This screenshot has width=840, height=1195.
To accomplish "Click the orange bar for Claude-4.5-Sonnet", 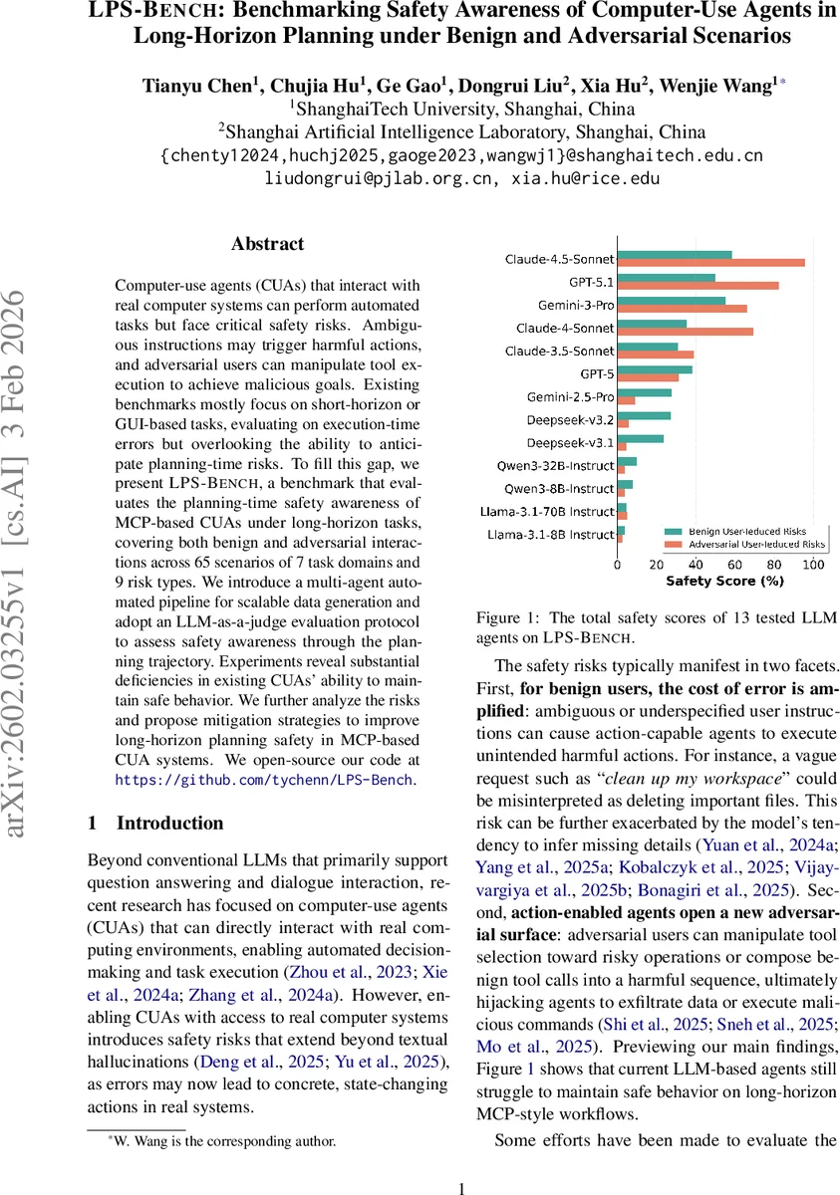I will coord(710,263).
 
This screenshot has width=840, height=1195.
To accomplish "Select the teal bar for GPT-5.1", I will coord(666,278).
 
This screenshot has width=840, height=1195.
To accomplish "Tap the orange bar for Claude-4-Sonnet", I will coord(685,332).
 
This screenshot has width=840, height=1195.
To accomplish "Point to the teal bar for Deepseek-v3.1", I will coord(640,438).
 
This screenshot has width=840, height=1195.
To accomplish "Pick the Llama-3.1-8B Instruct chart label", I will coord(550,535).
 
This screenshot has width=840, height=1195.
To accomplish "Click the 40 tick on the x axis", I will coord(696,565).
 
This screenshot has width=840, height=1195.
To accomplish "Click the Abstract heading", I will coord(268,244).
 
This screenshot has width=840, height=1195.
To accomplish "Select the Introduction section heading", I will coord(169,824).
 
